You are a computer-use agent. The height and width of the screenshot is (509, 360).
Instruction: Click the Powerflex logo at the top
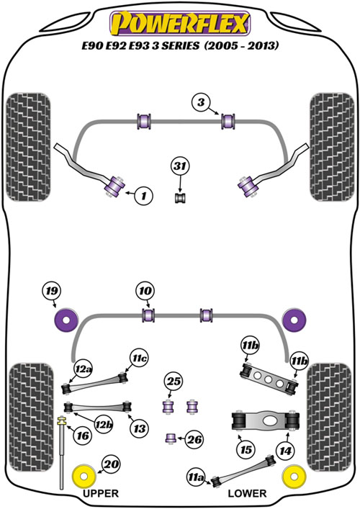[x=180, y=23]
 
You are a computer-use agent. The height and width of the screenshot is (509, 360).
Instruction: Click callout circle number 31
[x=180, y=166]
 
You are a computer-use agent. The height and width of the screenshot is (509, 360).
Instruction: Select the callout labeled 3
[x=202, y=102]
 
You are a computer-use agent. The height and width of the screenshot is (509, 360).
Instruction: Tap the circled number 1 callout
[x=143, y=195]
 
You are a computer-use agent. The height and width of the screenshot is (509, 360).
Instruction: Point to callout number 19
[x=52, y=291]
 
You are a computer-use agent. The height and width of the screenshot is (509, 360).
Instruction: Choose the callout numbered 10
[x=145, y=291]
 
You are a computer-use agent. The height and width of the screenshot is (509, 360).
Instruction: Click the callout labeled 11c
[x=139, y=358]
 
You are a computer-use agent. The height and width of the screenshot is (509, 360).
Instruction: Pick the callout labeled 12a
[x=83, y=369]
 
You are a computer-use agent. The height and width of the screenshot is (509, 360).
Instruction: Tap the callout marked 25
[x=174, y=381]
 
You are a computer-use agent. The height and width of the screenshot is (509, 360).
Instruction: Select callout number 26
[x=194, y=440]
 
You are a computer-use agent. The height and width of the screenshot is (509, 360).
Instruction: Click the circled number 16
[x=83, y=436]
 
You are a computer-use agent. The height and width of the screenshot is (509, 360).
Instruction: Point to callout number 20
[x=111, y=464]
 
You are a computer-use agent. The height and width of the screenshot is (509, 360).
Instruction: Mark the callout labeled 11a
[x=196, y=477]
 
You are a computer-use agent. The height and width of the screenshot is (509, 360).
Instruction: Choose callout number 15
[x=246, y=449]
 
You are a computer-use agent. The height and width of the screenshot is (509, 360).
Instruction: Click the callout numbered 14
[x=285, y=451]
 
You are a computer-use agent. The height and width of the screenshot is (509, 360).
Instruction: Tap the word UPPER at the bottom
[x=101, y=493]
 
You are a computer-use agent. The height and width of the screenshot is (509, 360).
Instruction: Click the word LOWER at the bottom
[x=247, y=493]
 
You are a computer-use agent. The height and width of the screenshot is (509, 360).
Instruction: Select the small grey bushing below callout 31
[x=181, y=198]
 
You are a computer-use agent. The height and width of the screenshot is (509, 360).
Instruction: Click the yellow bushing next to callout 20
[x=84, y=477]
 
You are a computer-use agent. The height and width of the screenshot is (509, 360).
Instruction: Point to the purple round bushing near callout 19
[x=66, y=320]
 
